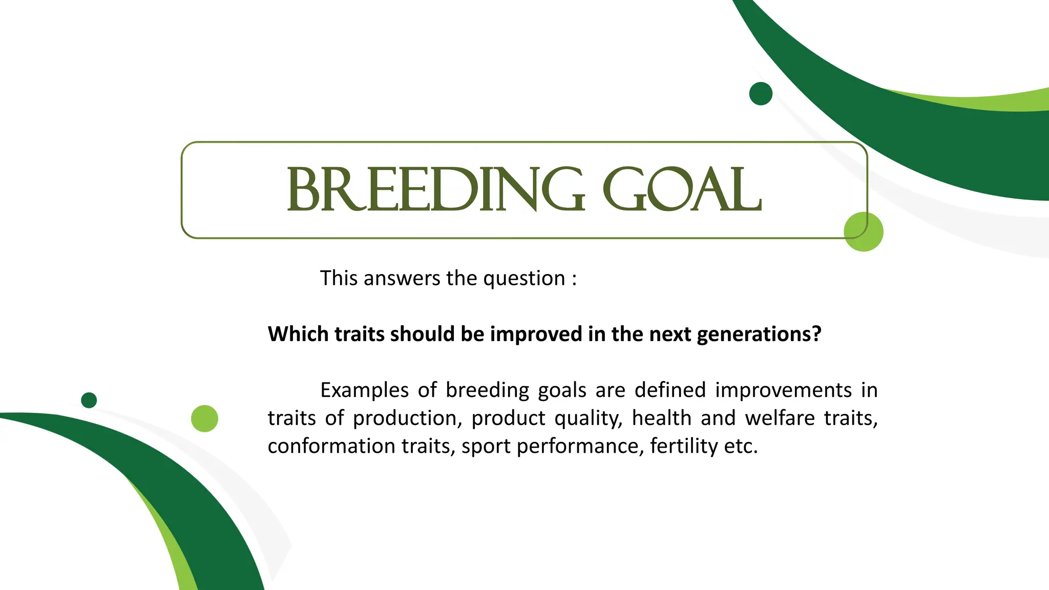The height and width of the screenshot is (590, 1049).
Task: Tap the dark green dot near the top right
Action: click(x=761, y=94)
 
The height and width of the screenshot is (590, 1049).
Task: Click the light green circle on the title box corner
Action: click(x=864, y=231)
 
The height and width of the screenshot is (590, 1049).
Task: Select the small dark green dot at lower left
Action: click(x=89, y=400)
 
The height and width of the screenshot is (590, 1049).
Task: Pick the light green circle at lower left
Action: click(x=204, y=418)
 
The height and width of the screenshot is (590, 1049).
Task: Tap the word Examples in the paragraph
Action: click(x=364, y=391)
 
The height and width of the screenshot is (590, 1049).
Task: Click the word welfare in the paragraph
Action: click(x=780, y=418)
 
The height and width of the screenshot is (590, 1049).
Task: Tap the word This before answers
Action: click(x=339, y=278)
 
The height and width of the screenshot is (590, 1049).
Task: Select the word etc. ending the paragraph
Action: click(x=741, y=446)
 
